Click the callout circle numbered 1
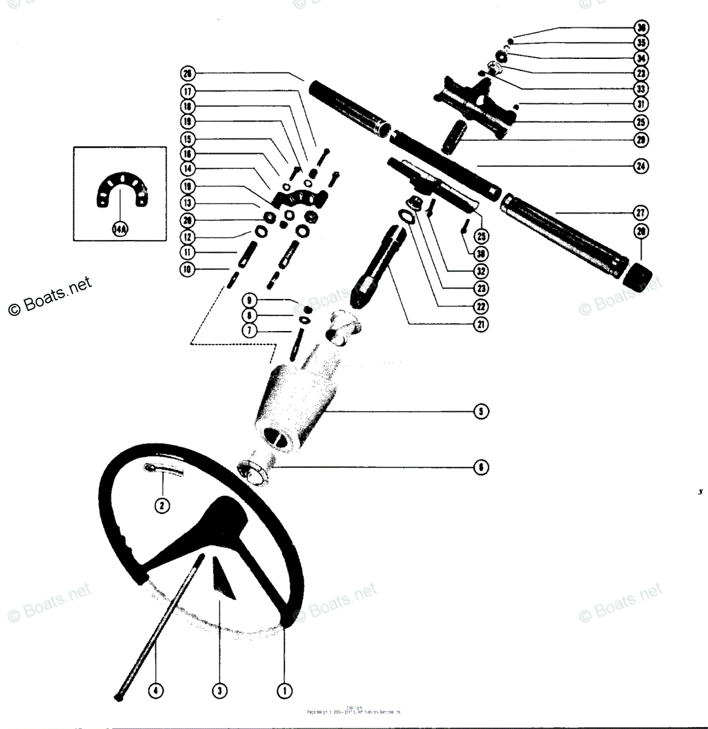[283, 690]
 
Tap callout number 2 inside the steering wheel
[162, 504]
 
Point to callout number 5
[480, 411]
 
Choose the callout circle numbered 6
[480, 467]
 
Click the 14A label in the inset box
[119, 228]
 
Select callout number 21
[480, 324]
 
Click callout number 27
[641, 213]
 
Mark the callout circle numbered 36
[641, 28]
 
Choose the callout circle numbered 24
[641, 166]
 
